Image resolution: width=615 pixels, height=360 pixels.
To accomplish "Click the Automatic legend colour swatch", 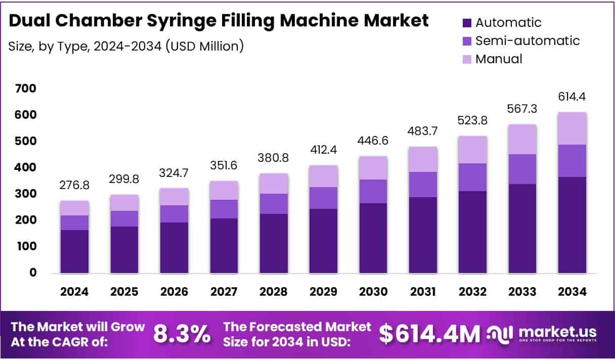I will [467, 23].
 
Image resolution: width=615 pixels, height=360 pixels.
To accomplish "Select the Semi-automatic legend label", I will [528, 40].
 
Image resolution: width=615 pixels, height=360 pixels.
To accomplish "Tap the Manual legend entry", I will [499, 59].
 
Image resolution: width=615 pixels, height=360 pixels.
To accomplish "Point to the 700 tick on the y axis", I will [26, 89].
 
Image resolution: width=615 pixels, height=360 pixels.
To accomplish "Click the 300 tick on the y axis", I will [26, 194].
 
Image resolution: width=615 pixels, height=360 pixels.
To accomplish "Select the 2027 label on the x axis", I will [224, 292].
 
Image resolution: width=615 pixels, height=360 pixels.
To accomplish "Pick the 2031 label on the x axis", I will [423, 292].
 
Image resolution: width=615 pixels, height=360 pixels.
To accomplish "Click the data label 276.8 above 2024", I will [74, 186].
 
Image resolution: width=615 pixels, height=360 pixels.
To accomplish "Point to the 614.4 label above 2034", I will [572, 97].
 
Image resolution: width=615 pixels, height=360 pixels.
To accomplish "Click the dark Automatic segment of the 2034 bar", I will [573, 225].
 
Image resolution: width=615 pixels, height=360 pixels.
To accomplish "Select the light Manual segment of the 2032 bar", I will [473, 150].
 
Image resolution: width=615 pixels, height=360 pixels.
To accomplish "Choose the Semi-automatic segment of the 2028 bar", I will [274, 204].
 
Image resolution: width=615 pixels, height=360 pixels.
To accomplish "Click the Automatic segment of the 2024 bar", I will [74, 251].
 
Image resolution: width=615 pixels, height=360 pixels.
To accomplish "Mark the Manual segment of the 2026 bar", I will [174, 197].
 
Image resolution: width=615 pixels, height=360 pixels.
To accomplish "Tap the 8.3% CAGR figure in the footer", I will [182, 334].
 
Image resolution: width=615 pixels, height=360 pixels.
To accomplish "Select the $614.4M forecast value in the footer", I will [429, 334].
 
